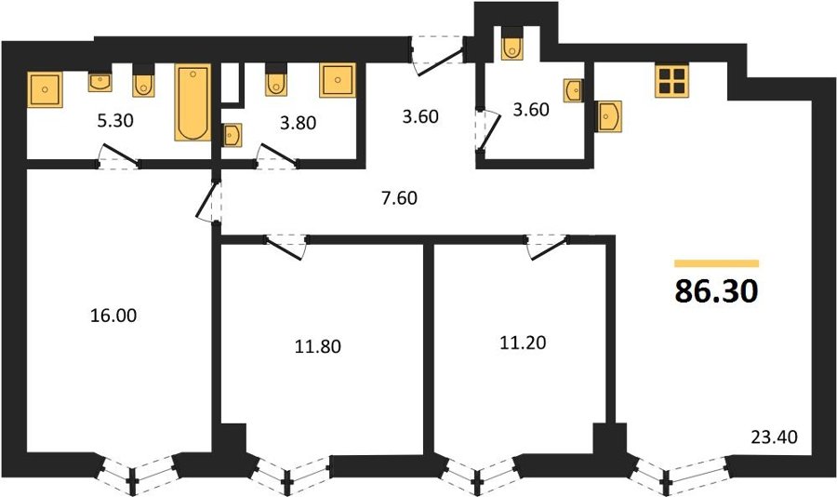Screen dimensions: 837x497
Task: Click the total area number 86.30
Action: (716, 291)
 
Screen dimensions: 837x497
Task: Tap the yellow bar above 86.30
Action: (716, 263)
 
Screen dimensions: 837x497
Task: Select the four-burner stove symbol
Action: (671, 81)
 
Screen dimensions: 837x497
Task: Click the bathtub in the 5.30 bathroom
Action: (193, 102)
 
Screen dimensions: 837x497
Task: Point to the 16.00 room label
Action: (113, 316)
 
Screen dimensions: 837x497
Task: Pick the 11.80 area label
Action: (318, 346)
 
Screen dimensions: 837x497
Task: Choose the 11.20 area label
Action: (523, 342)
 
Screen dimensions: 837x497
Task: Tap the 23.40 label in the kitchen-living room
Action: (774, 437)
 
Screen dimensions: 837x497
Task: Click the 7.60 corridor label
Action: (400, 198)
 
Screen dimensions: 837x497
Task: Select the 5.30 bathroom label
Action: (115, 121)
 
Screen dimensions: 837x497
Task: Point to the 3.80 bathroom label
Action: (299, 123)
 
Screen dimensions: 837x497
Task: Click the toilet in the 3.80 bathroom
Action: (276, 80)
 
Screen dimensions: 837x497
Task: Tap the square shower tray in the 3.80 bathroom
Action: (338, 80)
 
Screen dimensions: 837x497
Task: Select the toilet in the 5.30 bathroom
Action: (143, 81)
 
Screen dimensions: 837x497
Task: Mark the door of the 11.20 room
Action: (548, 247)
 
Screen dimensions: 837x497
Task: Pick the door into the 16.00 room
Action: (207, 201)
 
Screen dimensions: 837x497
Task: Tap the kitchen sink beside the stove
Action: (609, 116)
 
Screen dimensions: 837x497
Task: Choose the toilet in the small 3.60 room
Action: (512, 44)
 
